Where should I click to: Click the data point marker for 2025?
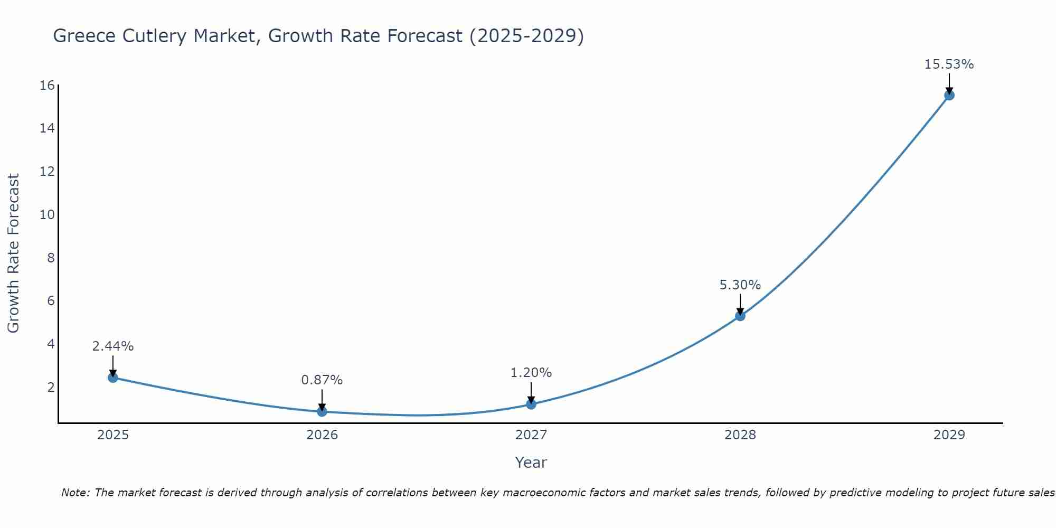click(113, 378)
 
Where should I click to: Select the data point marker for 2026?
click(322, 411)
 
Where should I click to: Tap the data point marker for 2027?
click(531, 404)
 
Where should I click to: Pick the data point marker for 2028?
click(740, 316)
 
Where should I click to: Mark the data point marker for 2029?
click(949, 95)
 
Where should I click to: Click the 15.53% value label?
click(949, 64)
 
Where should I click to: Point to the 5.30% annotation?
click(740, 285)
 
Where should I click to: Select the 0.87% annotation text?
click(322, 380)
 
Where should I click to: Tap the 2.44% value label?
click(112, 346)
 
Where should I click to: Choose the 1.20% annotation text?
click(531, 373)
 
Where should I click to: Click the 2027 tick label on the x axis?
click(531, 435)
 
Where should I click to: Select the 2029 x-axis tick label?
click(949, 435)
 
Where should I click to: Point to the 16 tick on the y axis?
click(47, 86)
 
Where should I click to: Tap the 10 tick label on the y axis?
click(47, 215)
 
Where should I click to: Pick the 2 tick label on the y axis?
click(51, 388)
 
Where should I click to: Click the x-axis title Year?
click(531, 463)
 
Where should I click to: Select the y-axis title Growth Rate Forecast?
click(13, 253)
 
